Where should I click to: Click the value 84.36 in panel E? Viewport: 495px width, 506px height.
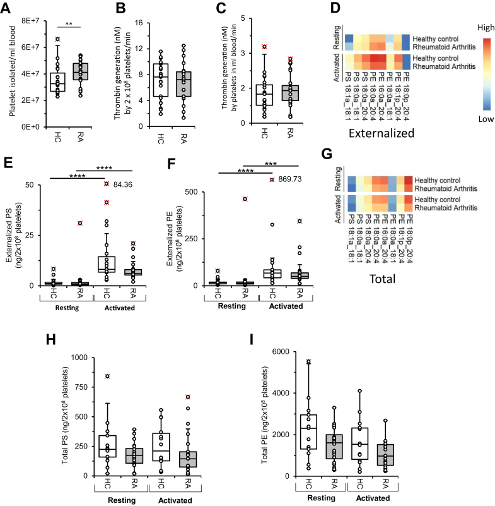(125, 185)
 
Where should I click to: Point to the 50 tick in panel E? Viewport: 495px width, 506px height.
(27, 184)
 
